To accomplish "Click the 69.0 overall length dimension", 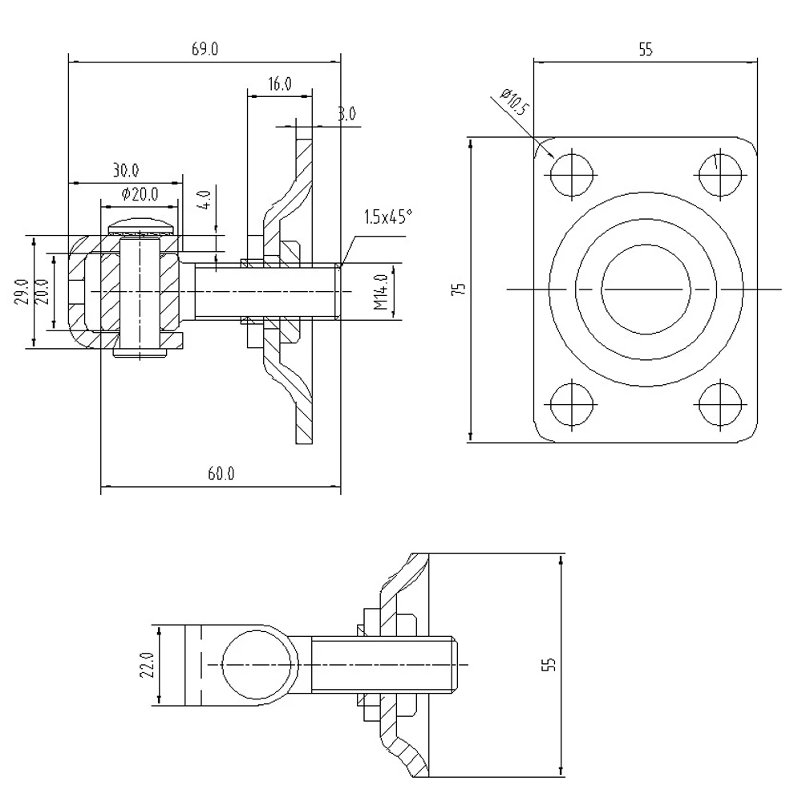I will click(205, 50).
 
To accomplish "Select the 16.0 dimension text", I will click(279, 84).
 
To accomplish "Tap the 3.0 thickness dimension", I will click(346, 115).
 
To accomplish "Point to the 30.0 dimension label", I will click(125, 170).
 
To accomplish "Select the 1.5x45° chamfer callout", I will click(388, 217).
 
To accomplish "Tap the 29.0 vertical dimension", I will click(22, 292).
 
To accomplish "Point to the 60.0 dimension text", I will click(221, 474).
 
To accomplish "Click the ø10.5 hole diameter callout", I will click(513, 103).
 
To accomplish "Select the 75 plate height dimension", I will click(458, 290).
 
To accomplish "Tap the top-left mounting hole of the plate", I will click(572, 172).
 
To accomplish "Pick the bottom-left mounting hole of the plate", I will click(572, 405).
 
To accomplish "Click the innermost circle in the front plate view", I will click(646, 288).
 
